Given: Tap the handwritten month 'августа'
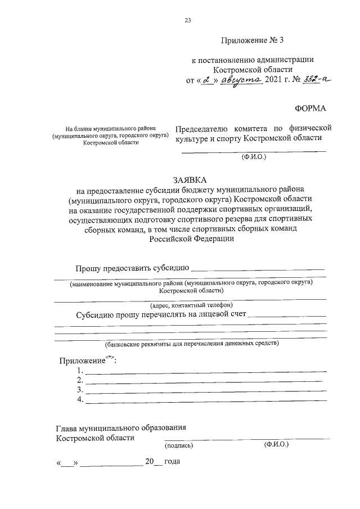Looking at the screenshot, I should [x=241, y=80].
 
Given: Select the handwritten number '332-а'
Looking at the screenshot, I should [x=315, y=80].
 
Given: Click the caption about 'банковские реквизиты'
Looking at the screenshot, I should [x=191, y=343].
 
